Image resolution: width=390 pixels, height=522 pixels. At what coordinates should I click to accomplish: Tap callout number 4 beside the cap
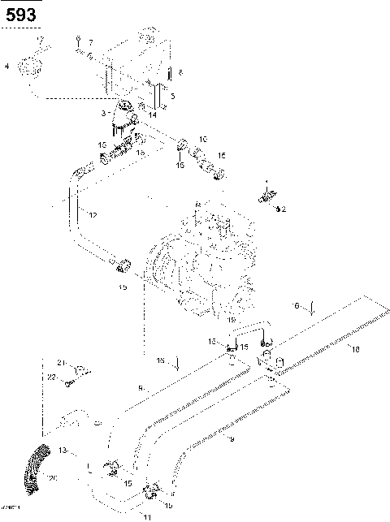[8, 65]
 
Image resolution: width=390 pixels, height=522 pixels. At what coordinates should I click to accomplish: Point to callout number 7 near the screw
[91, 42]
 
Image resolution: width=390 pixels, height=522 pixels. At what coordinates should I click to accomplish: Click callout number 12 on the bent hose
[93, 215]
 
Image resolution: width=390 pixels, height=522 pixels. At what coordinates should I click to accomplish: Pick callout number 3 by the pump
[104, 114]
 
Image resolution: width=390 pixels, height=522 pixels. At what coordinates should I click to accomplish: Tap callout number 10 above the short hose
[203, 139]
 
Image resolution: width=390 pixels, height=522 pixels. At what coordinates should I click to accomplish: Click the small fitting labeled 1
[266, 196]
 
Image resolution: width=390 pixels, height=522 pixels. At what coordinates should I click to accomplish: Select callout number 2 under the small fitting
[284, 209]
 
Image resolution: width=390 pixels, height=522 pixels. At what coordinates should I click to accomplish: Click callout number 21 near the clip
[59, 361]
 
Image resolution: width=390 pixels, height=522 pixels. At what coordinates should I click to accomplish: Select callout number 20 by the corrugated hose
[54, 478]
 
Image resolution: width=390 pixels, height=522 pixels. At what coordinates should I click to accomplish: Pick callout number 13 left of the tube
[63, 449]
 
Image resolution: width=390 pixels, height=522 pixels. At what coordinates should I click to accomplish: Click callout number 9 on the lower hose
[231, 439]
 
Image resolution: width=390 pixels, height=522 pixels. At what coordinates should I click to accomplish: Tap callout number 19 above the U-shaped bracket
[231, 321]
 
